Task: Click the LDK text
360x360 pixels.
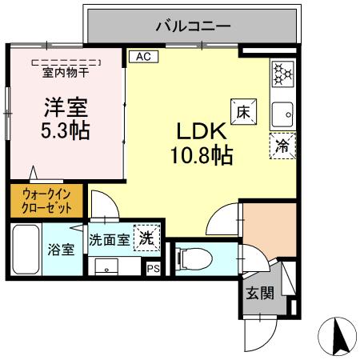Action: point(199,130)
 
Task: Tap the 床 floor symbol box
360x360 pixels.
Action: point(242,112)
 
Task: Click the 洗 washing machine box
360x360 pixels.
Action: point(146,238)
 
